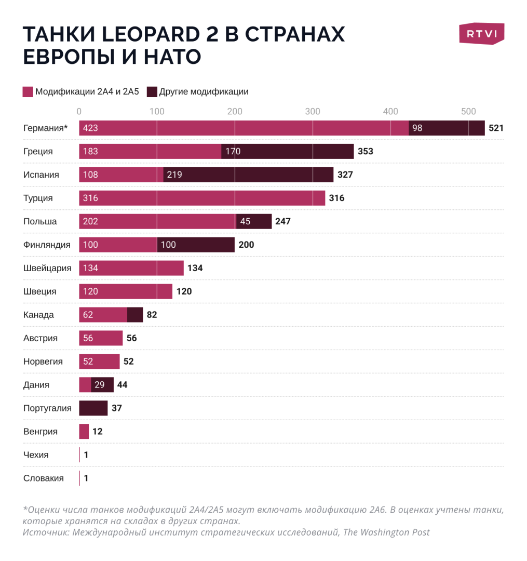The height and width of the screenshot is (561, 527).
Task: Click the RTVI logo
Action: (x=482, y=34)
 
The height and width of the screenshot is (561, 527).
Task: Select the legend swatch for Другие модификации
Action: (x=152, y=92)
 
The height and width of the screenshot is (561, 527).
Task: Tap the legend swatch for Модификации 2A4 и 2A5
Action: (x=28, y=92)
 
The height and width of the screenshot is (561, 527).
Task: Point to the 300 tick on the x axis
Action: (x=313, y=111)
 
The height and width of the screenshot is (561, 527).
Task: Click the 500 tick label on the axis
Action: (x=468, y=111)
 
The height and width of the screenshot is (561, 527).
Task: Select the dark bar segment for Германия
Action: (x=447, y=128)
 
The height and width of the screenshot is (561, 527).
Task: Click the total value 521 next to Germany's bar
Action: (x=496, y=128)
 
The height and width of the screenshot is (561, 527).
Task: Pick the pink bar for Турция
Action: (x=202, y=198)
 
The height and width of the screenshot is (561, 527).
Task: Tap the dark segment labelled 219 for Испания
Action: (x=248, y=175)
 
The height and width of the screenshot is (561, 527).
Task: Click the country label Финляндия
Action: (x=47, y=245)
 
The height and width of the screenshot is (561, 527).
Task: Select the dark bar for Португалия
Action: (x=93, y=408)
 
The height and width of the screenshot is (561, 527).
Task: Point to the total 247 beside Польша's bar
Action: (x=282, y=221)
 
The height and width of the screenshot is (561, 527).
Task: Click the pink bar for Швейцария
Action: (x=131, y=268)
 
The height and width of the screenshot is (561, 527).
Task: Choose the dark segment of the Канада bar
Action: (x=135, y=315)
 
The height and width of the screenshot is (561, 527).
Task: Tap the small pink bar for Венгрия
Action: (x=84, y=432)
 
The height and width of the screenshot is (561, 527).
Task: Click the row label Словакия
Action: (x=44, y=478)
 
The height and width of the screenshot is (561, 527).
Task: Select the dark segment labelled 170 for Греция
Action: (x=288, y=151)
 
